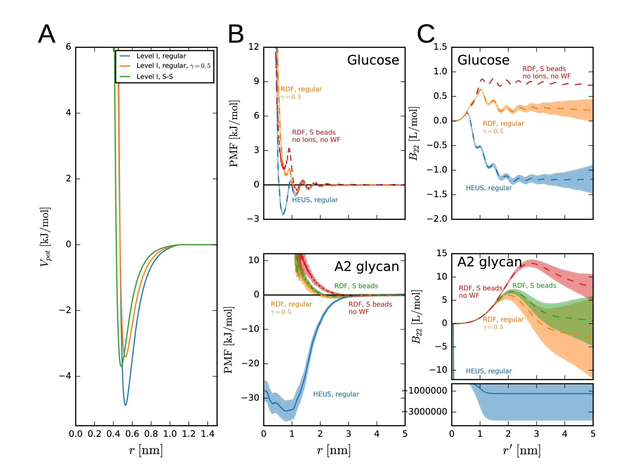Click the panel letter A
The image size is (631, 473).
point(47,34)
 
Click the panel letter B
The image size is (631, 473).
point(236,34)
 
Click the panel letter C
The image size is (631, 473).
point(426,34)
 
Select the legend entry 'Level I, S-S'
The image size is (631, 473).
point(154,76)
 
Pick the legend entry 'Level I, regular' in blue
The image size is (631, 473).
point(161,56)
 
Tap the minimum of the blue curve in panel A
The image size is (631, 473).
point(125,405)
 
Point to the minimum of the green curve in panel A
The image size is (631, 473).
point(121,366)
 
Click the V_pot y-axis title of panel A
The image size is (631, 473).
point(45,237)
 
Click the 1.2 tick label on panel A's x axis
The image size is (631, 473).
point(189,434)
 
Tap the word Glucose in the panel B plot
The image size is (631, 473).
point(373,60)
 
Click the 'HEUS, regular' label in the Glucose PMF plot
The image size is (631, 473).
point(315,200)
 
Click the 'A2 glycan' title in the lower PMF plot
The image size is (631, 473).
point(367,266)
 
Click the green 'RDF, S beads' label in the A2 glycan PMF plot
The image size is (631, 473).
point(356,286)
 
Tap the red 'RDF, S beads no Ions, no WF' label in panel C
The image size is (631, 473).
point(546,73)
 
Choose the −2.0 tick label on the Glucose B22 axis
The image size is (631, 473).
point(437,219)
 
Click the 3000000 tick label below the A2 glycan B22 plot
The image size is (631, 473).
point(428,412)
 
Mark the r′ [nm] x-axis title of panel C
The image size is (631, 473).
point(521,451)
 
